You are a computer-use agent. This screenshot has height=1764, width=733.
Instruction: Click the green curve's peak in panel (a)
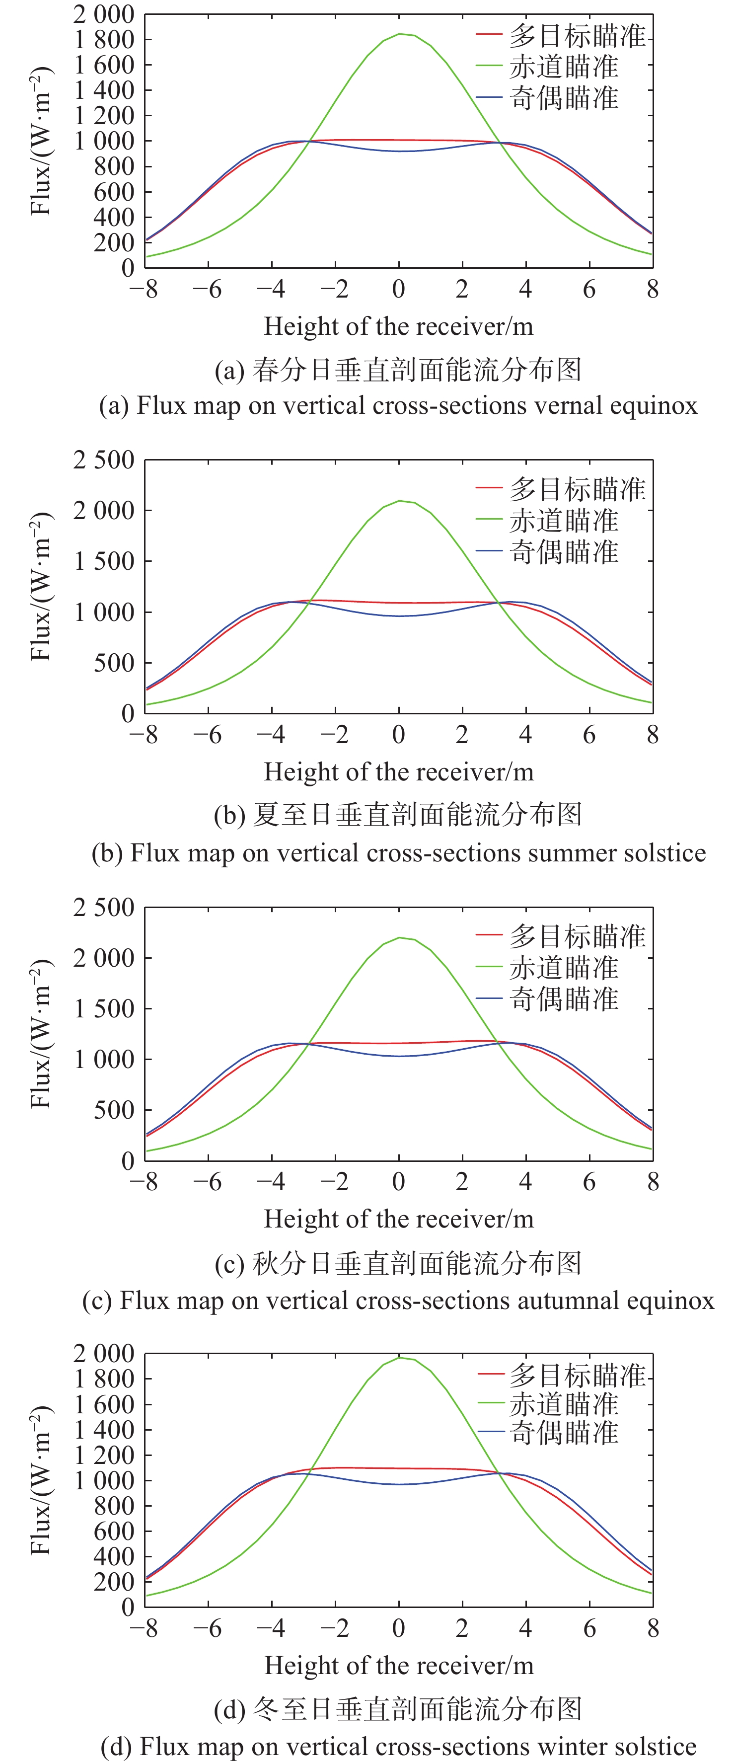400,34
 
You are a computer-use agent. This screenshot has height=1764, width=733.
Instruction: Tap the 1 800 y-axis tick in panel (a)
104,40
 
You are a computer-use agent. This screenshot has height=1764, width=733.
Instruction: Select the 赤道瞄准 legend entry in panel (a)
563,67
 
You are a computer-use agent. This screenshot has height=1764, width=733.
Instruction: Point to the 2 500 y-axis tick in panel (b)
104,460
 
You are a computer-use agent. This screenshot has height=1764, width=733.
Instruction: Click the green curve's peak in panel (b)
400,501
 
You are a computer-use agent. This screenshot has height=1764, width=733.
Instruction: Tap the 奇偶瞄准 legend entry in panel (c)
563,999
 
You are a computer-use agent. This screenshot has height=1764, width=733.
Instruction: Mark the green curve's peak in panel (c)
400,937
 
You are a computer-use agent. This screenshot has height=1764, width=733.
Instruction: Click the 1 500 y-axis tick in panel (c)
104,1009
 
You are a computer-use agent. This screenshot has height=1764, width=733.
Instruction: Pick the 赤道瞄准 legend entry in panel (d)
563,1404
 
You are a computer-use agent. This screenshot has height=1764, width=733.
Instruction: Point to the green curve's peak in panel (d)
400,1358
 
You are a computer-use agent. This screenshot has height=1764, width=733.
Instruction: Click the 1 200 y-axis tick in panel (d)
104,1455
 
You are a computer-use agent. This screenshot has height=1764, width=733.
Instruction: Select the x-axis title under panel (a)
398,327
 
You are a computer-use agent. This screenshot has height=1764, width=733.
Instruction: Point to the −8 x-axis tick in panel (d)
144,1628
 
